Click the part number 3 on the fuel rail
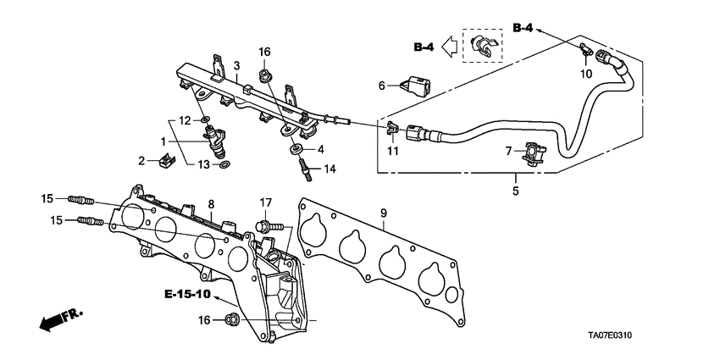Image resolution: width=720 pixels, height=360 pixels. click(238, 66)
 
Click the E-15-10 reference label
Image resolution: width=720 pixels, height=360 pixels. click(186, 296)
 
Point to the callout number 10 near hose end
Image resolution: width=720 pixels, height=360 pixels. click(585, 75)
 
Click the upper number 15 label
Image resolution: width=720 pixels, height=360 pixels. click(47, 198)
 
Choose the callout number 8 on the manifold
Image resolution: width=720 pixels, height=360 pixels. click(211, 204)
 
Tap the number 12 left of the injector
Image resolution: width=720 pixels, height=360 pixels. click(184, 120)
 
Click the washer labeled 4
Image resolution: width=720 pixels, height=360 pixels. click(297, 149)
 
